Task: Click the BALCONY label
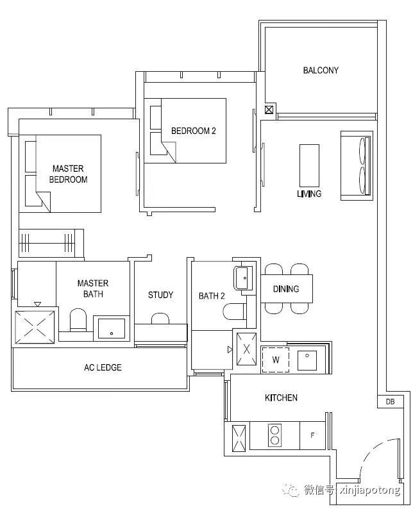coord(321,70)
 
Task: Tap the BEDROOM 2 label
coord(193,131)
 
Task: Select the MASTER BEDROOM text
coord(68,174)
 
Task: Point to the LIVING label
coord(309,194)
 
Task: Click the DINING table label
coord(286,288)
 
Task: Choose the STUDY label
coord(160,295)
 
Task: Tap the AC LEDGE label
coord(103,367)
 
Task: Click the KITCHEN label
coord(281,397)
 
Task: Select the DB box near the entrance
coord(391,401)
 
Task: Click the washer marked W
coord(275,360)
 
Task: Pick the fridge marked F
coord(312,435)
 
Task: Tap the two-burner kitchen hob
coord(274,435)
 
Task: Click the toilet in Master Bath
coord(78,319)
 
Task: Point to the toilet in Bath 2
coord(234,312)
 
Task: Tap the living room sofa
coord(356,165)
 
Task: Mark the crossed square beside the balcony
coord(269,110)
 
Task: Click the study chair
coord(160,319)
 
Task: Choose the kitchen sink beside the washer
coord(307,360)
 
